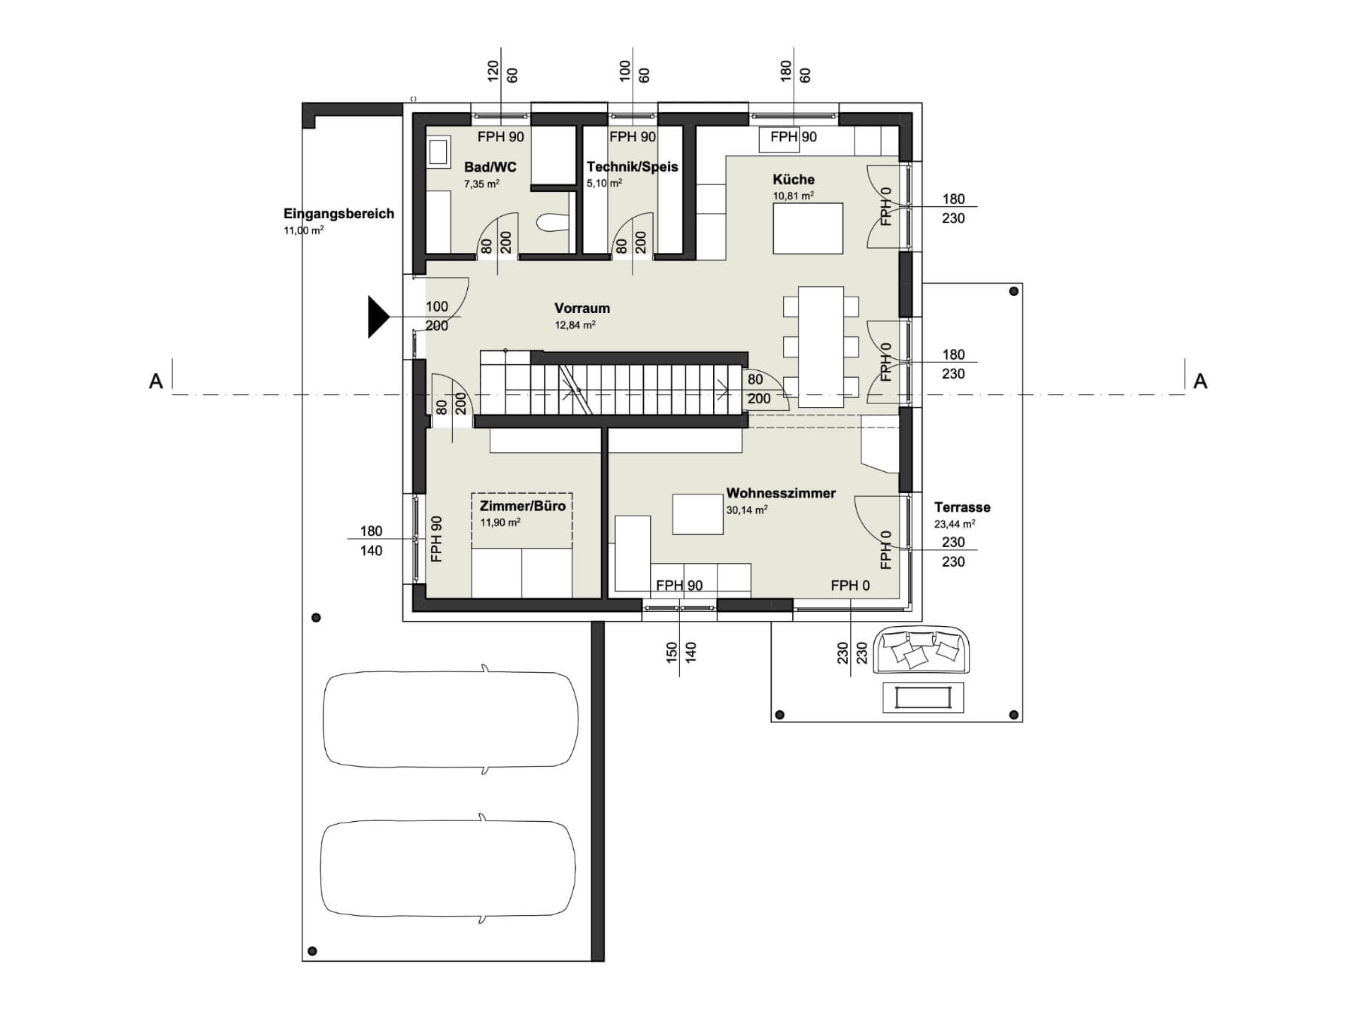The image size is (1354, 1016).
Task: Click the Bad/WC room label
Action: (490, 167)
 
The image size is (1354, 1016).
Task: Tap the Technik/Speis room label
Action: (633, 166)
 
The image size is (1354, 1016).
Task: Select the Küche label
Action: (794, 179)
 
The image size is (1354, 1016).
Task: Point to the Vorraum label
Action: (582, 308)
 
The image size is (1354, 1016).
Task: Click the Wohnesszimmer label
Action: (781, 493)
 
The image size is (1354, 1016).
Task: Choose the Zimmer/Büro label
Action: (523, 506)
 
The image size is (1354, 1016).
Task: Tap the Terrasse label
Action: (962, 507)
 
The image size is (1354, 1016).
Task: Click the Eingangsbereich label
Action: (338, 213)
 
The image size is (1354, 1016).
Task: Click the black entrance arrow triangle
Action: (378, 317)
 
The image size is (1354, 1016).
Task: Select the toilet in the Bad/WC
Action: (552, 222)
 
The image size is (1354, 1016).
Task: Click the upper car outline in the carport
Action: (451, 719)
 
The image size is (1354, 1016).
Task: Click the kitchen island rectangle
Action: (809, 228)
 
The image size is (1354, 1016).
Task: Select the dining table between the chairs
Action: (821, 347)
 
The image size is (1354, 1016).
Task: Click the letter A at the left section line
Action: (156, 382)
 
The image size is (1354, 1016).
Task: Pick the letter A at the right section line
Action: (1201, 382)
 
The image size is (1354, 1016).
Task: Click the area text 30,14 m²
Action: (747, 510)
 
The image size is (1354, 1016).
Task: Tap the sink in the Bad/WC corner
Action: (438, 152)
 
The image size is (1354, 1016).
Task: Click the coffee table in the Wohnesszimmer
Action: (698, 514)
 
